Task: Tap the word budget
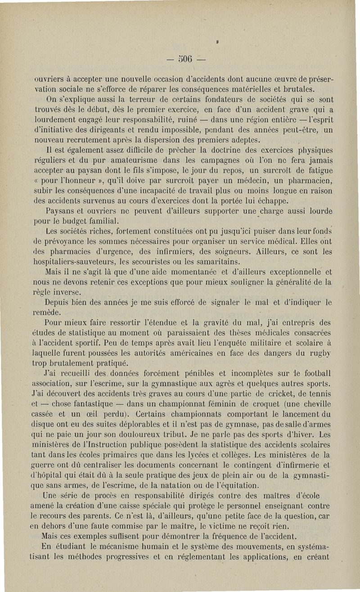[87, 220]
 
